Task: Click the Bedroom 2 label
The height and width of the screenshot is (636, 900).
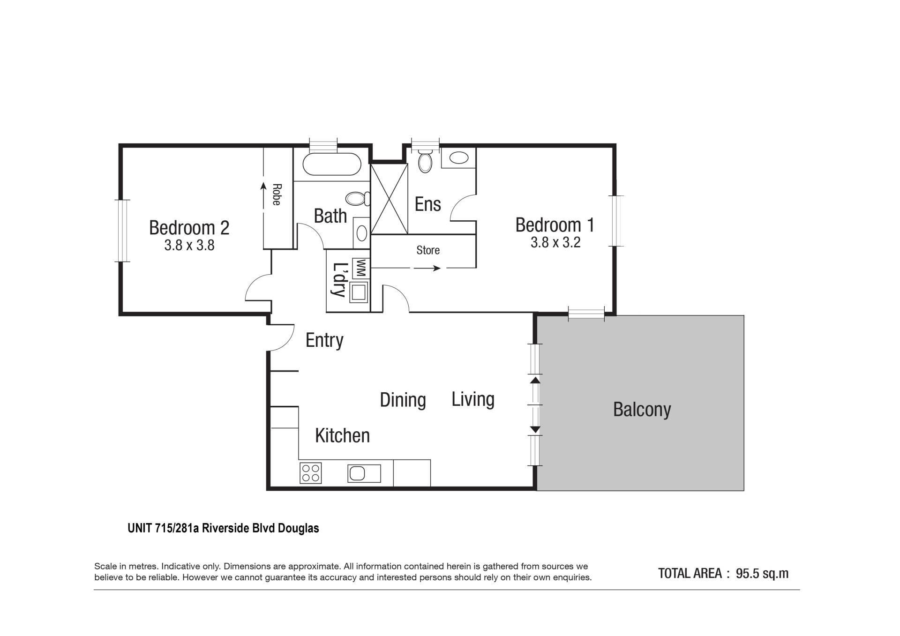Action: (x=189, y=228)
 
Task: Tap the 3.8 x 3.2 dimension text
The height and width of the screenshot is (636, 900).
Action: (x=555, y=242)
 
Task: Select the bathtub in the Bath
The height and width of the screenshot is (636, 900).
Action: (x=332, y=165)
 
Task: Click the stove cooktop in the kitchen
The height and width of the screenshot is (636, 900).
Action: (x=310, y=473)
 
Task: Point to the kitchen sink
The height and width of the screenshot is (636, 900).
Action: (x=364, y=473)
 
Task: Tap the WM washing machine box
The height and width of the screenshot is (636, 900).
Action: (x=361, y=269)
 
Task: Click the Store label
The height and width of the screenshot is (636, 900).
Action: (x=428, y=250)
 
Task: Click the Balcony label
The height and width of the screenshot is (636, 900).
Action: (x=642, y=410)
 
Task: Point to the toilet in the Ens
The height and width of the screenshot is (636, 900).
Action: (x=425, y=161)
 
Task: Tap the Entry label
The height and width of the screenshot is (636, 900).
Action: (x=324, y=340)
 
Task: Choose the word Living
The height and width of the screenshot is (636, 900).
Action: (x=473, y=399)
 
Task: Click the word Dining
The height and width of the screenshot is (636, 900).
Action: (x=403, y=400)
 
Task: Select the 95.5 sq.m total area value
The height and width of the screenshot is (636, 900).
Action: (x=762, y=574)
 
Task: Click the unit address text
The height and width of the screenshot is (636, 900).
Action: (x=223, y=528)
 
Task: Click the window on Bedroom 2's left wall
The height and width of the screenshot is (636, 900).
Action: (x=123, y=231)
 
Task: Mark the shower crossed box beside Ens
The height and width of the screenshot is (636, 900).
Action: (x=389, y=199)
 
